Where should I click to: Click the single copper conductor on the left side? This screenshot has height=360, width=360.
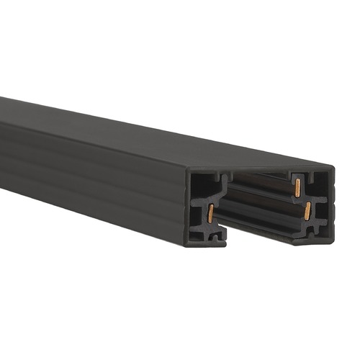click(210, 212)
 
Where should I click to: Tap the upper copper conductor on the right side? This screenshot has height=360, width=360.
click(297, 187)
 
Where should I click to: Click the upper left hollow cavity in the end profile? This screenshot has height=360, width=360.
click(201, 189)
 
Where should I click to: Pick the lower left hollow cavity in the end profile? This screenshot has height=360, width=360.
click(199, 216)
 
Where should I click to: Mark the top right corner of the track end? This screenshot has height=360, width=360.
click(333, 169)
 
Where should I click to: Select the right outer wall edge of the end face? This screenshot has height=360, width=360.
click(332, 205)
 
